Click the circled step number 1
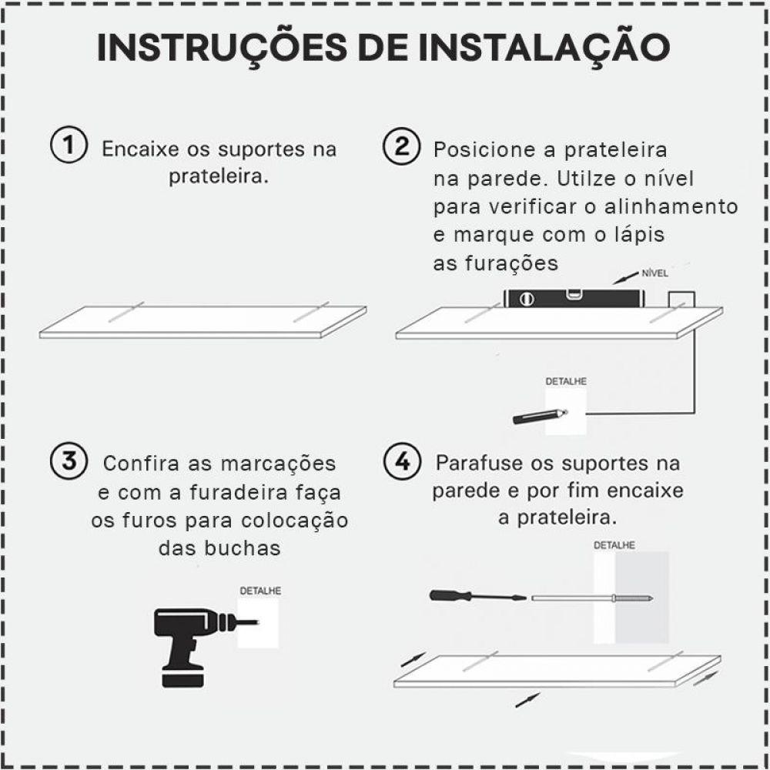pos(68,146)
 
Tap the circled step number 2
pos(402,146)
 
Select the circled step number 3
pos(68,461)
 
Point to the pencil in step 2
pos(539,416)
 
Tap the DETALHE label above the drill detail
pos(260,591)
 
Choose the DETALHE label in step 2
pos(565,381)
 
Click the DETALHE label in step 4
pos(614,545)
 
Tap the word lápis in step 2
pos(636,235)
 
